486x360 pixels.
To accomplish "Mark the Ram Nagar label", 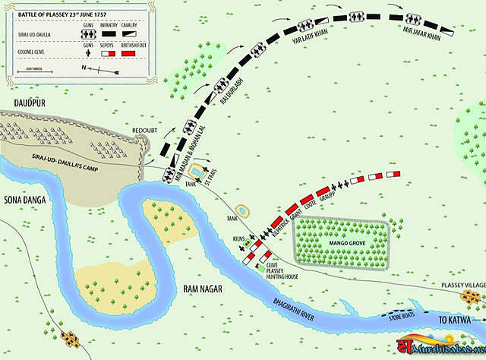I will (x=202, y=287).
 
